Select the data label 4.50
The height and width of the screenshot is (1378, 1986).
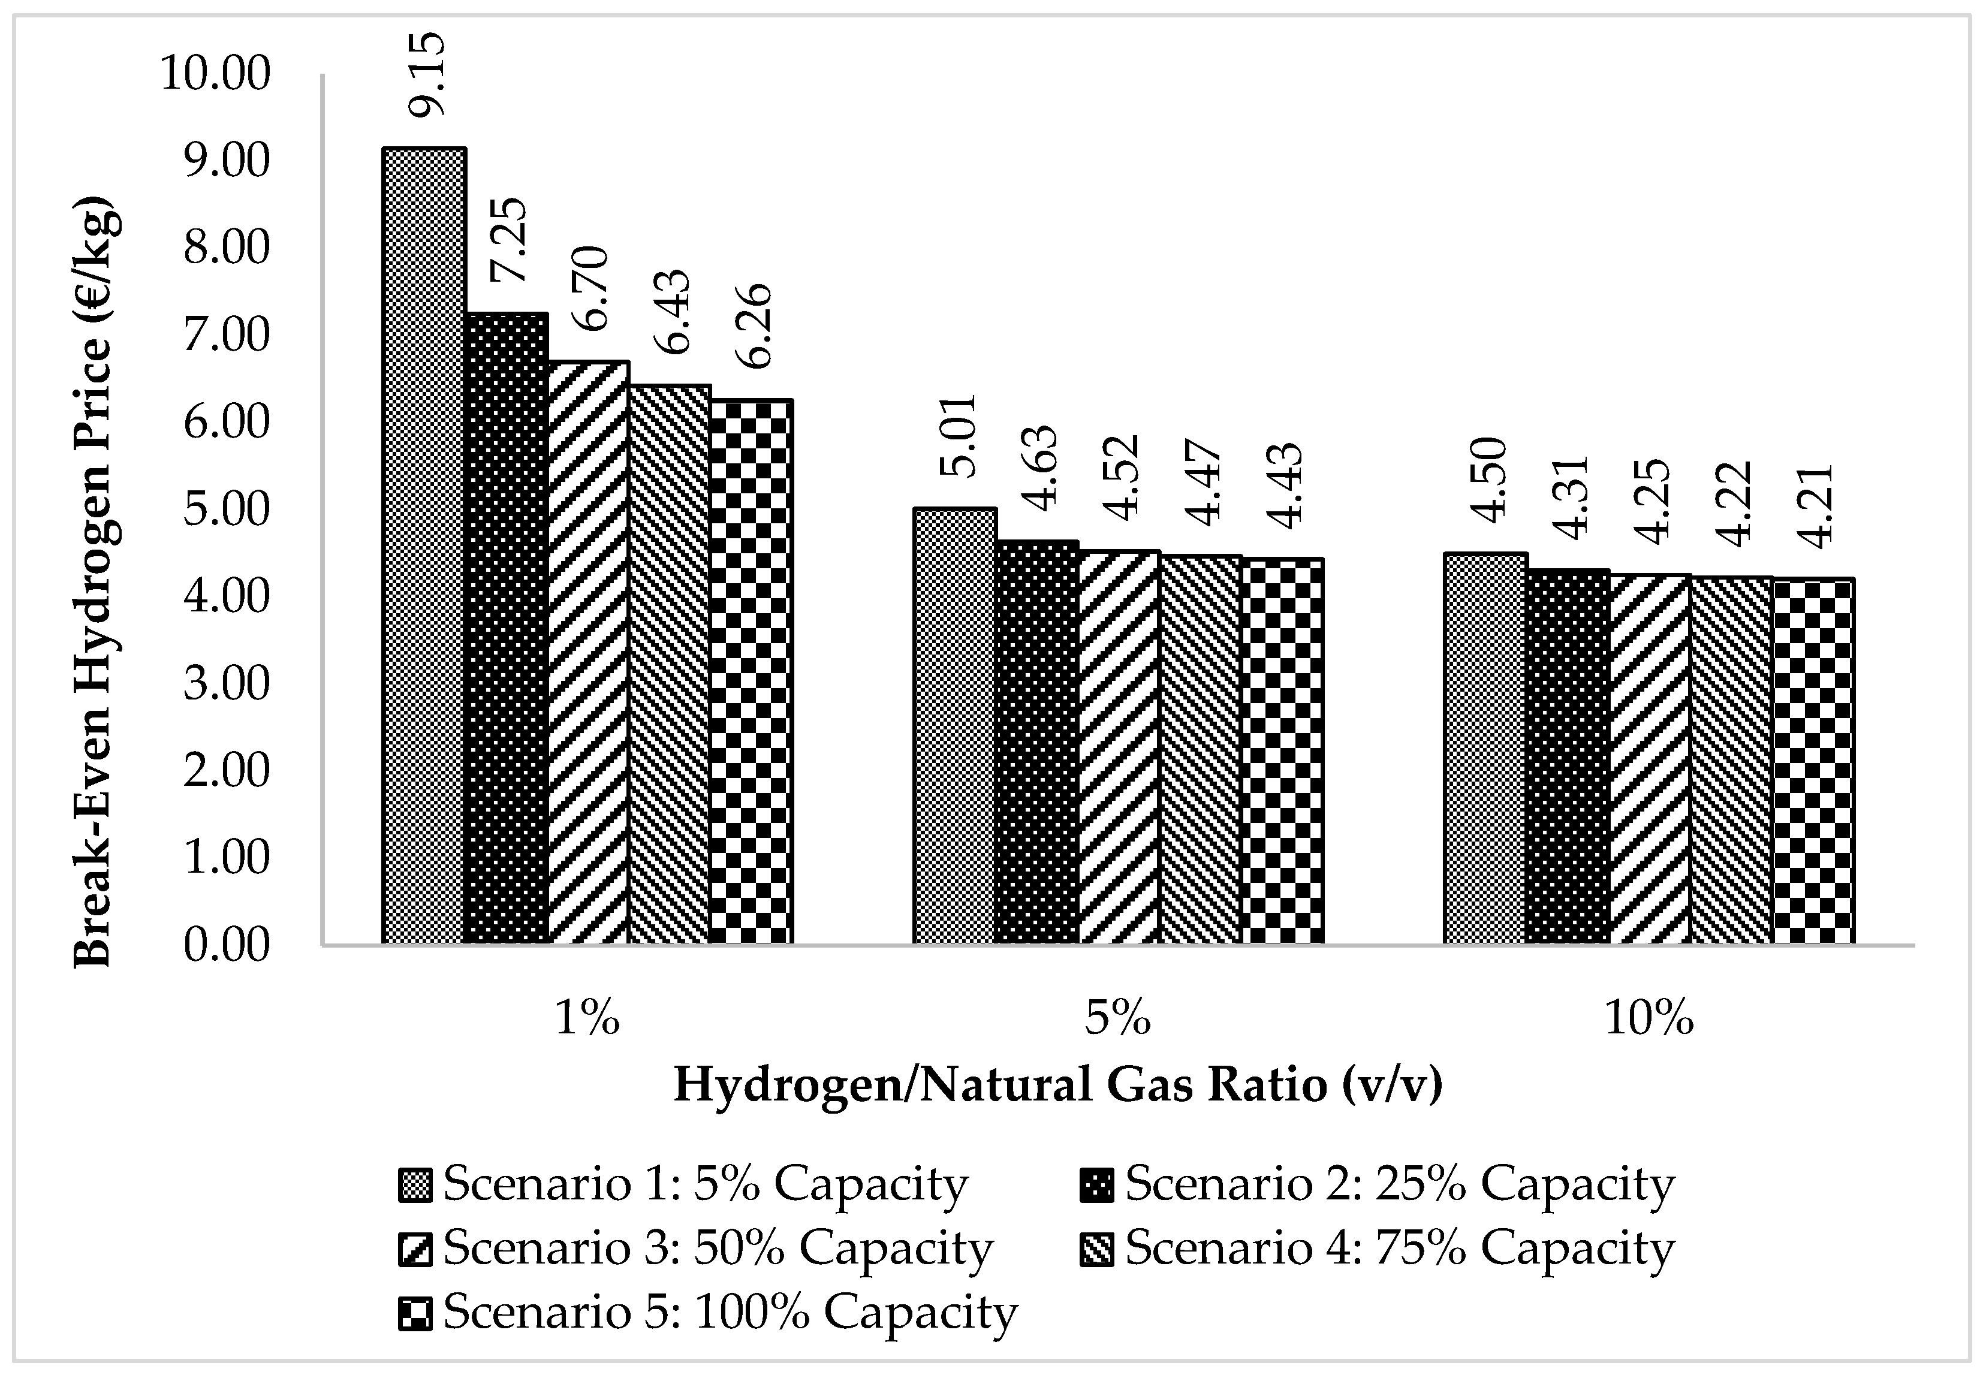[x=1488, y=480]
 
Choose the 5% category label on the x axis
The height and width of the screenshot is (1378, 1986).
[x=1118, y=1019]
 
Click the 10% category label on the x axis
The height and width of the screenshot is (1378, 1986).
[x=1649, y=1019]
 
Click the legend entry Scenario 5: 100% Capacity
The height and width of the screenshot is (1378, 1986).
[x=730, y=1313]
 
